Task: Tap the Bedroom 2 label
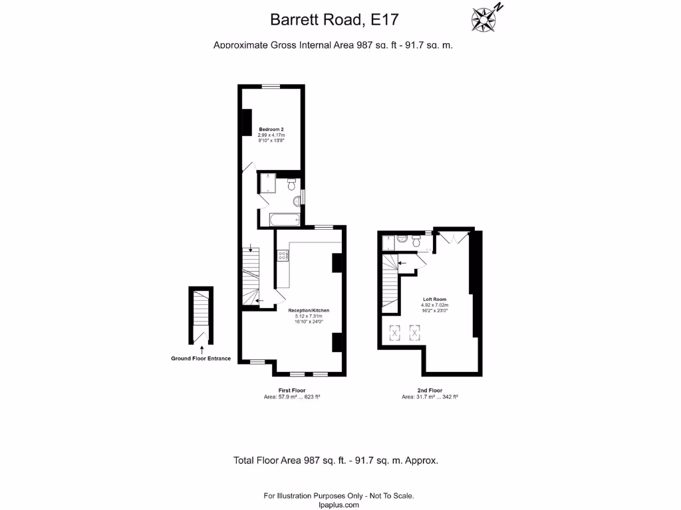click(271, 128)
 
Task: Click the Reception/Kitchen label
click(309, 310)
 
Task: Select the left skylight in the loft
click(394, 332)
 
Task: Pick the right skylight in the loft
click(415, 332)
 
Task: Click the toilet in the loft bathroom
click(416, 242)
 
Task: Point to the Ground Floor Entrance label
click(201, 359)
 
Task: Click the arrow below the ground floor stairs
click(201, 351)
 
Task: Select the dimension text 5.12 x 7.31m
click(309, 316)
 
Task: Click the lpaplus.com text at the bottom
click(339, 505)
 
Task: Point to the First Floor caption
click(292, 390)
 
